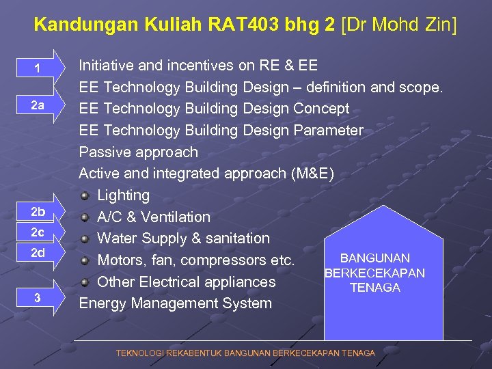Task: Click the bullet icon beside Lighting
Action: [85, 195]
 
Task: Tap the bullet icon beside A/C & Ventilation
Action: [85, 217]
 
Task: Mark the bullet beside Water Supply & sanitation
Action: [85, 238]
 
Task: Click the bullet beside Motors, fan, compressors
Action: [85, 260]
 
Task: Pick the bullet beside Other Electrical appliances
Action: [85, 282]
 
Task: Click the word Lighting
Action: [123, 195]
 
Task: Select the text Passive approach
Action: [138, 152]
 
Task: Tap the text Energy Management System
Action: [175, 303]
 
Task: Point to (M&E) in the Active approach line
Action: [312, 174]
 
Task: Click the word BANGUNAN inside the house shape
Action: [375, 258]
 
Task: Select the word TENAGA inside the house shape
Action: [374, 288]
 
